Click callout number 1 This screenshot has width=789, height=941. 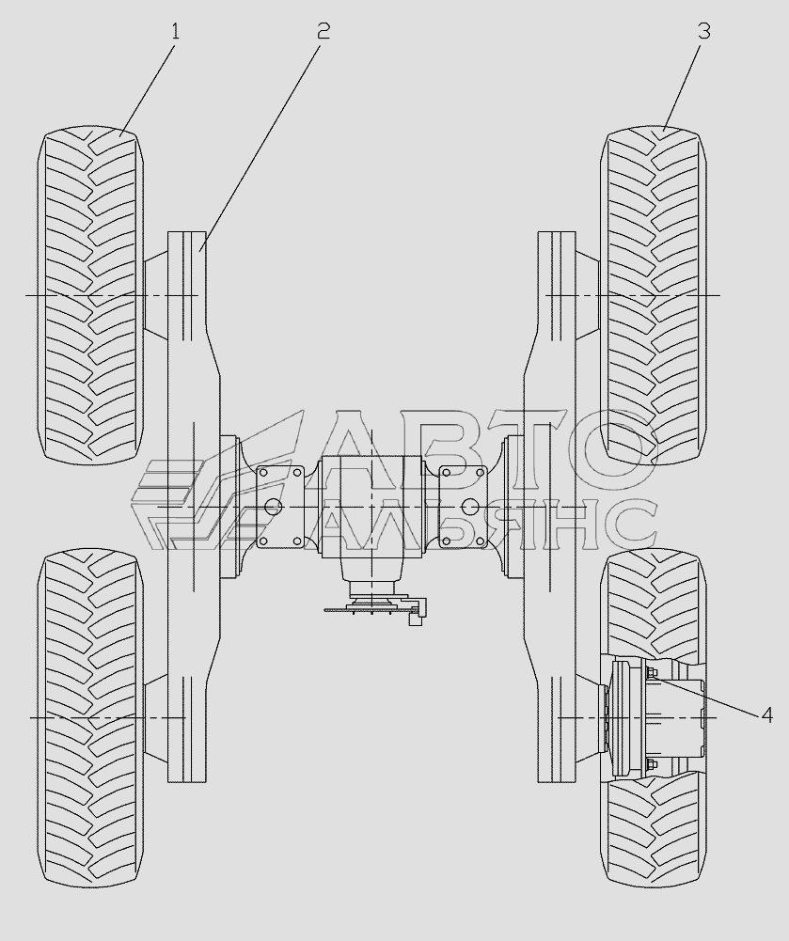tap(175, 31)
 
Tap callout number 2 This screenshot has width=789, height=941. tap(323, 31)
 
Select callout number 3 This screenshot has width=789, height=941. tap(704, 31)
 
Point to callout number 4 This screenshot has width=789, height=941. tap(766, 714)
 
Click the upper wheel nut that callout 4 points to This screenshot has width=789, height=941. tap(653, 671)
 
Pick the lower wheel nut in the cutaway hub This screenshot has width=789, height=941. tap(653, 764)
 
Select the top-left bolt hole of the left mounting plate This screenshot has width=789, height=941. tap(262, 473)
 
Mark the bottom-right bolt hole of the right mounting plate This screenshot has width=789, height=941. tap(480, 541)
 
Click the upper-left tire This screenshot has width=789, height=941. tap(90, 295)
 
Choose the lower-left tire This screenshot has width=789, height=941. tap(90, 718)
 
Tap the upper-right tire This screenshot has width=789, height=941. tap(654, 295)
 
